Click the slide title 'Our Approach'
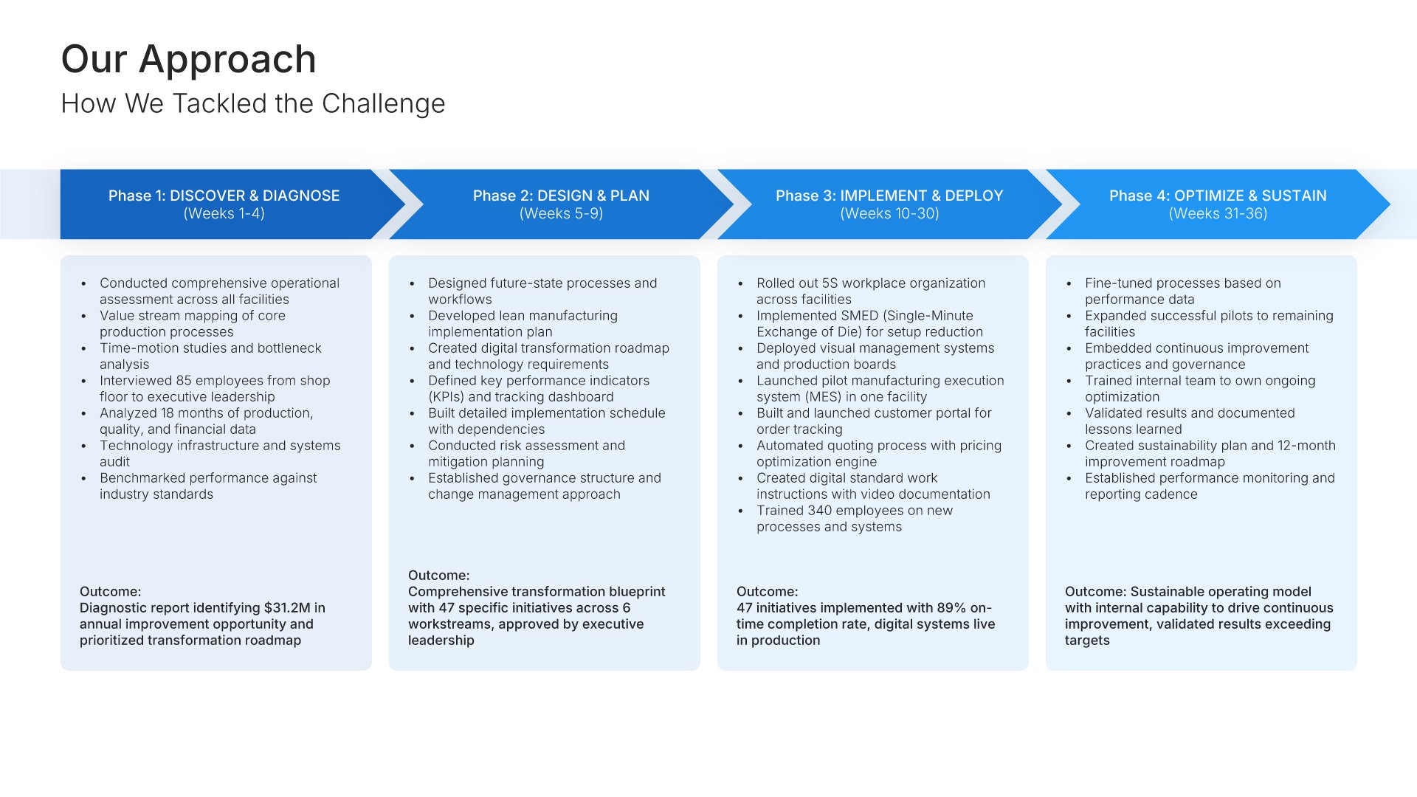pyautogui.click(x=189, y=59)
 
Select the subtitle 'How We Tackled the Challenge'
pyautogui.click(x=253, y=103)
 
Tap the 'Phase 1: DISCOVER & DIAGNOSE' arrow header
pyautogui.click(x=224, y=196)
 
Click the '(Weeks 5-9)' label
pyautogui.click(x=561, y=213)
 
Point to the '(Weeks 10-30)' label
pyautogui.click(x=889, y=213)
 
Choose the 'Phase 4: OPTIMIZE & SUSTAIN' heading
pyautogui.click(x=1218, y=196)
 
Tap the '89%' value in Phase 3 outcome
pyautogui.click(x=951, y=608)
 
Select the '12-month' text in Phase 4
pyautogui.click(x=1306, y=446)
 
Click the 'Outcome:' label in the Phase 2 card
pyautogui.click(x=438, y=576)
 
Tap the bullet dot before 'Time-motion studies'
pyautogui.click(x=84, y=348)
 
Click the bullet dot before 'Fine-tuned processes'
pyautogui.click(x=1069, y=283)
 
